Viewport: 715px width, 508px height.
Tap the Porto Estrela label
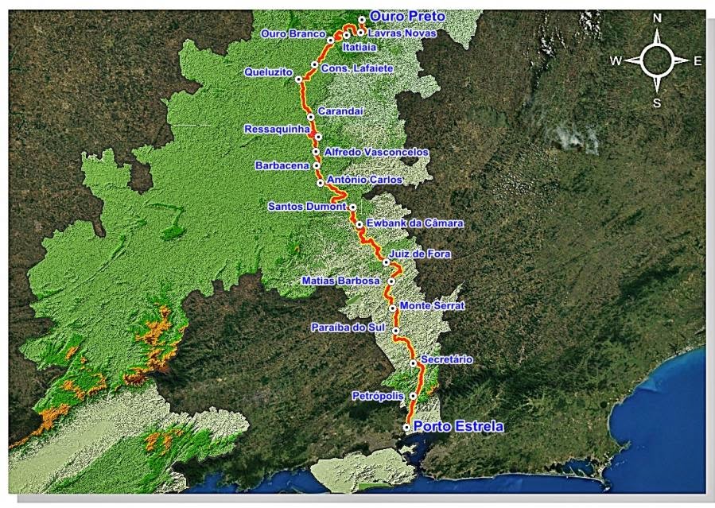click(x=458, y=427)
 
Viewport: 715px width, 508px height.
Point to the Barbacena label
click(x=282, y=165)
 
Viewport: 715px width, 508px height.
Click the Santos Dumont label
click(x=307, y=207)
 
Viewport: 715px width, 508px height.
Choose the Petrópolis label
click(x=378, y=395)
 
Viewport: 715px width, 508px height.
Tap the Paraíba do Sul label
click(x=349, y=328)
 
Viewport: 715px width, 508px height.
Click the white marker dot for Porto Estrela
click(x=406, y=427)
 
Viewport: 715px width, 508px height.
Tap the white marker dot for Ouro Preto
click(x=362, y=19)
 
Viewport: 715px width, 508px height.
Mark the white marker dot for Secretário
click(x=413, y=363)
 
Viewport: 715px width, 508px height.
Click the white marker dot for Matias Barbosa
click(x=391, y=281)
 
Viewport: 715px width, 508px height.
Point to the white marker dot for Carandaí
click(x=310, y=116)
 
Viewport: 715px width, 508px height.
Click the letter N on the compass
click(x=657, y=17)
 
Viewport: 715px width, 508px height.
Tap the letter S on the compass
click(x=657, y=103)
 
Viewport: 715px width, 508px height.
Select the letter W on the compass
click(x=616, y=60)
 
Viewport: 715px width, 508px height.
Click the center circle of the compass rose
click(x=657, y=59)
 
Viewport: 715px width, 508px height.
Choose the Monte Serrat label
click(x=432, y=305)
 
